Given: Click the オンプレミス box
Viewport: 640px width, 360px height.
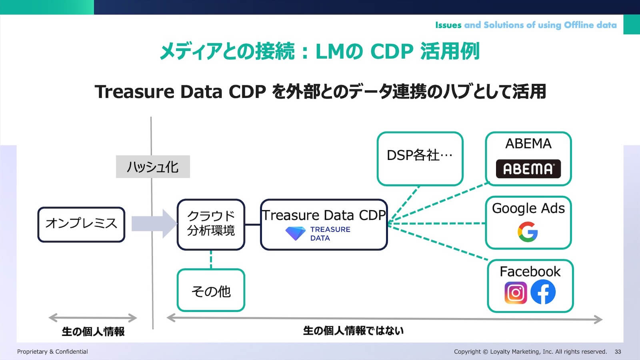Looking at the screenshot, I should click(81, 224).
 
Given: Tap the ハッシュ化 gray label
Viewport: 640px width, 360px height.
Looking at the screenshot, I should click(152, 167).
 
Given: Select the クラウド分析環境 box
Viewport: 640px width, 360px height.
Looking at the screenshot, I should click(211, 224).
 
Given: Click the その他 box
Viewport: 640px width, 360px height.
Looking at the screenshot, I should click(211, 290).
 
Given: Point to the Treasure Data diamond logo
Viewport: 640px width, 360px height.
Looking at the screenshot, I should click(295, 233).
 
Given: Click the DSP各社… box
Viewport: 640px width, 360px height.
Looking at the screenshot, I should click(420, 158).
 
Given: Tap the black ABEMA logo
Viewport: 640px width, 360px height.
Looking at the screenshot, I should click(528, 169).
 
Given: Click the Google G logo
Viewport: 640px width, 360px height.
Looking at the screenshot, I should click(528, 232).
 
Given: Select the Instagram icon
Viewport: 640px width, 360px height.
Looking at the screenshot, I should click(516, 292).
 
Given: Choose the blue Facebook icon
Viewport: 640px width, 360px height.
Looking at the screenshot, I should click(543, 292).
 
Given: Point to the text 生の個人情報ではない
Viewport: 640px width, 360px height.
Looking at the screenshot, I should click(353, 331).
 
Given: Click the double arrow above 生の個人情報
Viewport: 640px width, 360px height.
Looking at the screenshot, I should click(93, 318).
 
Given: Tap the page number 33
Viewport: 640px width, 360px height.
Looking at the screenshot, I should click(618, 352).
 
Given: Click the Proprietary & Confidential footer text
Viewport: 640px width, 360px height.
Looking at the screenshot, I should click(52, 352).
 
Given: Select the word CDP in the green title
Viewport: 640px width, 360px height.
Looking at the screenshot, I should click(391, 52).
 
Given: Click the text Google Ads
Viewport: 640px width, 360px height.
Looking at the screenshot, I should click(528, 208).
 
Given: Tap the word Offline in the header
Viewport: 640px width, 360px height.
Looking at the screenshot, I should click(578, 25).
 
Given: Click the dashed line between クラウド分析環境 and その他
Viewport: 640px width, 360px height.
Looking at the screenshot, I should click(211, 259).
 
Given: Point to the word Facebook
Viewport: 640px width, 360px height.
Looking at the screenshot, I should click(530, 272).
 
